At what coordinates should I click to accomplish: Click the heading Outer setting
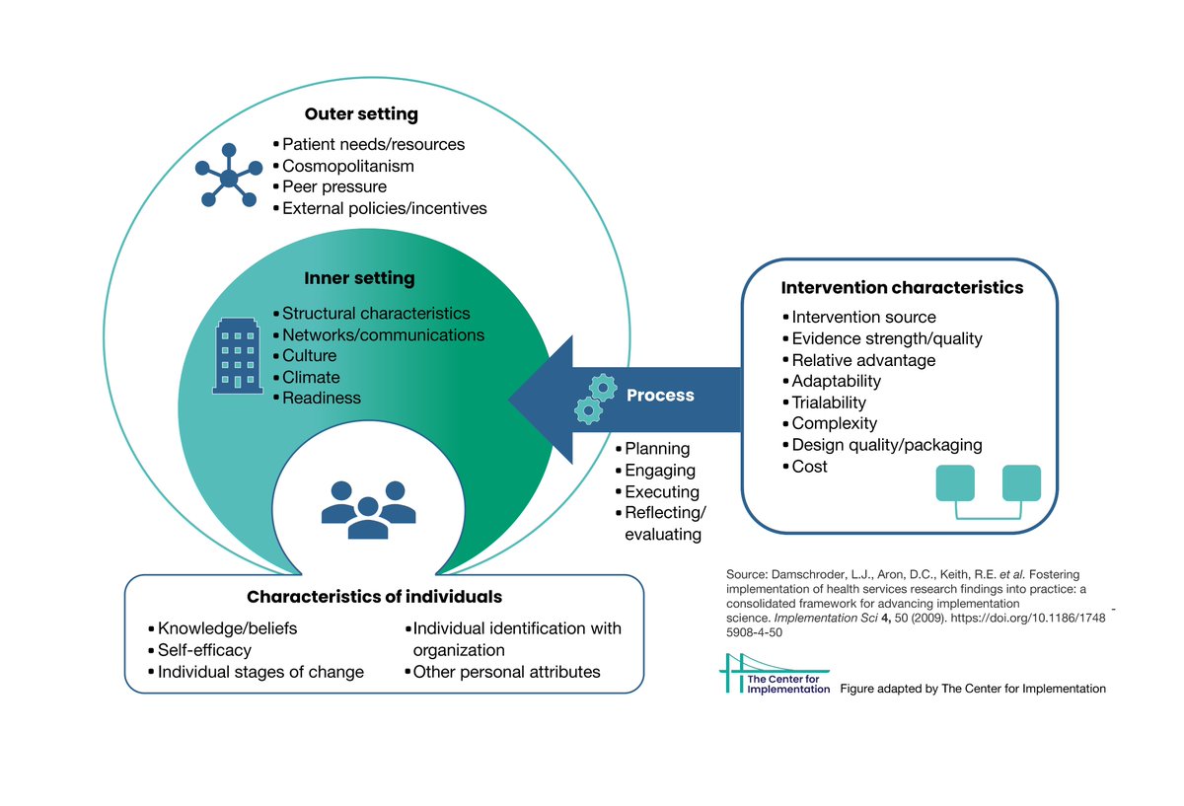click(x=361, y=114)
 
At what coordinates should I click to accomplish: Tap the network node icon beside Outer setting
click(x=229, y=178)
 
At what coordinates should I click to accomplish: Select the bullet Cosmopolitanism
click(x=347, y=166)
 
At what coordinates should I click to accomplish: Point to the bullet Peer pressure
click(x=333, y=186)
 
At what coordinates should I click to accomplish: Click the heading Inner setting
click(x=359, y=279)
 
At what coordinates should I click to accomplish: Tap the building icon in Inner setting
click(x=238, y=356)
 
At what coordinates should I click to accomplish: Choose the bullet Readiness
click(x=321, y=399)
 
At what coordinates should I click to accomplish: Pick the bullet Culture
click(x=309, y=356)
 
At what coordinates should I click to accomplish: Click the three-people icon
click(x=368, y=509)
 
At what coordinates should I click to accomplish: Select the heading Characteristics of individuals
click(x=374, y=597)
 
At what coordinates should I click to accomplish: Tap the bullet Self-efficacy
click(x=204, y=650)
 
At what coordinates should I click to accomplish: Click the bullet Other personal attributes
click(x=506, y=672)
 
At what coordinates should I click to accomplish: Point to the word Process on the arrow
click(x=660, y=396)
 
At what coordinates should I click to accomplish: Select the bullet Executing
click(x=661, y=491)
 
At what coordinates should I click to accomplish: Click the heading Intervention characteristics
click(x=902, y=288)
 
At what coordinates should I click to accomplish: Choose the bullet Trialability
click(x=829, y=403)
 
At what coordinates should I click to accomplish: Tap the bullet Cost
click(x=809, y=467)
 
